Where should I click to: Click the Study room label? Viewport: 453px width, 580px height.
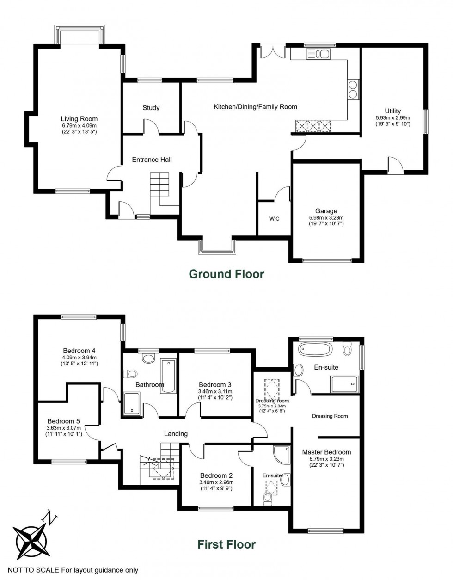click(x=151, y=108)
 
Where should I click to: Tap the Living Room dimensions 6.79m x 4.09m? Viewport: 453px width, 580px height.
click(x=79, y=125)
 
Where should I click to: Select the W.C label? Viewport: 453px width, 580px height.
click(x=275, y=219)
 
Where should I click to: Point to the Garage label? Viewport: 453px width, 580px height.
click(x=326, y=211)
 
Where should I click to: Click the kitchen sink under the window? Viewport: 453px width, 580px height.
click(x=318, y=54)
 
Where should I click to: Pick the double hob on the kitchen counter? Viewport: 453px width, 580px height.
click(x=353, y=89)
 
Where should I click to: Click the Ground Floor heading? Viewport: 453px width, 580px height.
click(x=226, y=274)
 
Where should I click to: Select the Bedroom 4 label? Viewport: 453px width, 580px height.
click(x=79, y=350)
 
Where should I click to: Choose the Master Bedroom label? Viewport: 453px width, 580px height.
click(x=326, y=452)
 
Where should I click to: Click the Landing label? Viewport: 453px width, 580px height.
click(x=176, y=434)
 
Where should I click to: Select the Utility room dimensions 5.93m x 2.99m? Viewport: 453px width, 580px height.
click(x=393, y=117)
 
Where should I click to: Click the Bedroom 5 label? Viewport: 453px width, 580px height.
click(x=63, y=421)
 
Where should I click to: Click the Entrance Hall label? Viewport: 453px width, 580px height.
click(x=152, y=160)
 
